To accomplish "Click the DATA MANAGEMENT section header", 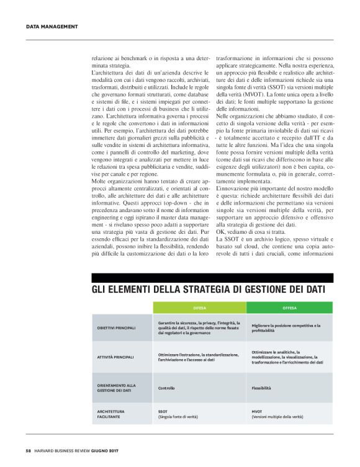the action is [x=52, y=26].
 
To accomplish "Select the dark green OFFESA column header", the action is [x=290, y=307].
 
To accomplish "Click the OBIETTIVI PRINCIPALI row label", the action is [x=116, y=327].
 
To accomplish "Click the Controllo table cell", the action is [x=166, y=388].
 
